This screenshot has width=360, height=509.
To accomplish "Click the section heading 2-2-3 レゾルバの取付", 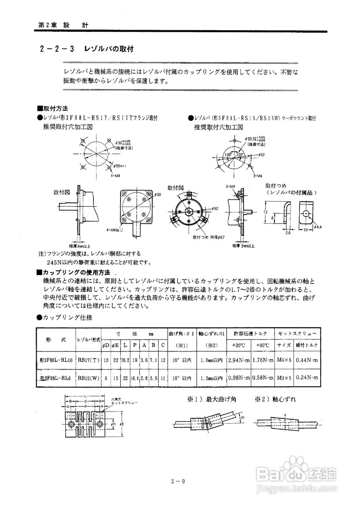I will (86, 49).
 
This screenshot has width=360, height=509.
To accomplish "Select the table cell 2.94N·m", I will (239, 360).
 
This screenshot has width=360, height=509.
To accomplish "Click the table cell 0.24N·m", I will (307, 377).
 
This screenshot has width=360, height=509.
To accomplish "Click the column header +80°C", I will (263, 345).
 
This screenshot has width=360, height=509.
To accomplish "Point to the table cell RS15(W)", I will (88, 377).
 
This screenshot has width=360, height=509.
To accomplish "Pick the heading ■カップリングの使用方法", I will (73, 272).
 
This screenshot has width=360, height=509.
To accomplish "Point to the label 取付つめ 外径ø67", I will (209, 237).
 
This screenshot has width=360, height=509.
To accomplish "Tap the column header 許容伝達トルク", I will (251, 333).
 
